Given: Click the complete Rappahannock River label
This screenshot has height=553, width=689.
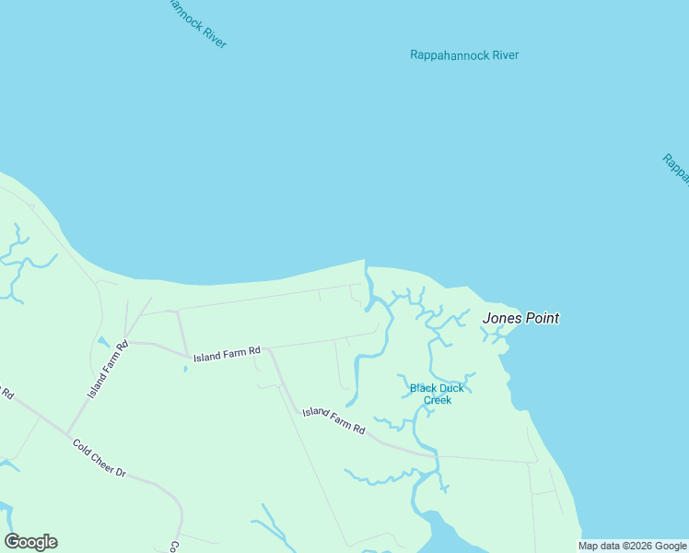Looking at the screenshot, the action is (464, 55).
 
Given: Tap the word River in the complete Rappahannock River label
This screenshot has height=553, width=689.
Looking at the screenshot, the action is (505, 55).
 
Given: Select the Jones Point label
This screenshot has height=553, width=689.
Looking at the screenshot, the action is (520, 318).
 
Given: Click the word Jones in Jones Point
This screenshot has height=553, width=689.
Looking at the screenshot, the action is (502, 318).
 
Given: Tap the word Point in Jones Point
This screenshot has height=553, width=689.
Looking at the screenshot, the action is (542, 318).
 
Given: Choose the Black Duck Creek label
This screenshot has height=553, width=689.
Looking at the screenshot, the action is (431, 394).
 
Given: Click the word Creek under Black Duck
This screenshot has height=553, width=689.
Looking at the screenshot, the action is (437, 400).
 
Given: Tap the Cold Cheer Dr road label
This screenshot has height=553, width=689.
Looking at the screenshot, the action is (99, 457).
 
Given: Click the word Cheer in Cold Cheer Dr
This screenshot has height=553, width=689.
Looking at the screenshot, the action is (101, 458).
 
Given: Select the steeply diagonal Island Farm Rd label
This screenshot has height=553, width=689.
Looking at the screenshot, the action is (108, 369).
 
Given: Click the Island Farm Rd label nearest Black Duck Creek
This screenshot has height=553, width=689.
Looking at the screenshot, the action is (334, 421).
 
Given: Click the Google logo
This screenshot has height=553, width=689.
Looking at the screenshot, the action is (30, 542).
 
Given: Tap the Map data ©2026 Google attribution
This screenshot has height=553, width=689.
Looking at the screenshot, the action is (633, 546).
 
